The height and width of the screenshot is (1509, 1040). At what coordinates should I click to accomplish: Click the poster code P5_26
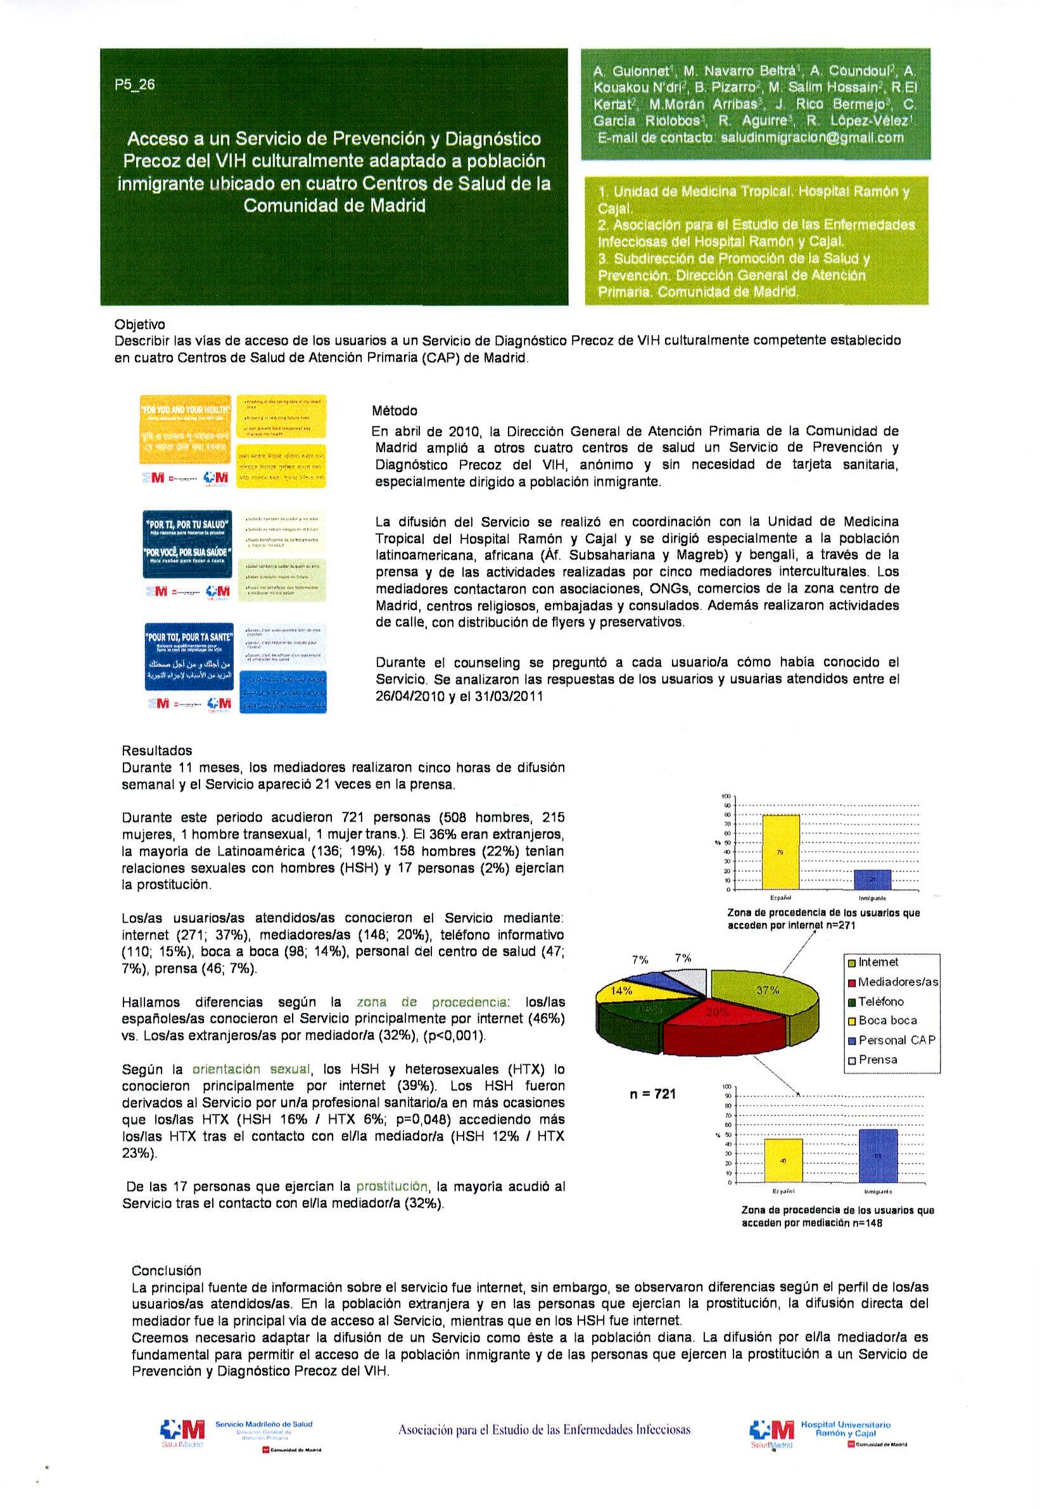pyautogui.click(x=135, y=85)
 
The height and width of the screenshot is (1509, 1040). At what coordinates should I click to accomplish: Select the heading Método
pyautogui.click(x=394, y=411)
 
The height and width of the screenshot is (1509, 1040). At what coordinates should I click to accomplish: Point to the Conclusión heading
pyautogui.click(x=166, y=1271)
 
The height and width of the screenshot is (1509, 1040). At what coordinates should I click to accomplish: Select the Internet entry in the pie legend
pyautogui.click(x=878, y=962)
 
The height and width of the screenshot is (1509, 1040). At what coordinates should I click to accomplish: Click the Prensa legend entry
pyautogui.click(x=877, y=1060)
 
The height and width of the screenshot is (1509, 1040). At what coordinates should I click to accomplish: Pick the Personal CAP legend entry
pyautogui.click(x=896, y=1041)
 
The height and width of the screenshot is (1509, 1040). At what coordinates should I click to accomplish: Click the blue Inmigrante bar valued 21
pyautogui.click(x=872, y=879)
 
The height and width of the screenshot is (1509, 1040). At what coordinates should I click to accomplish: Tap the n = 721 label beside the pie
pyautogui.click(x=652, y=1095)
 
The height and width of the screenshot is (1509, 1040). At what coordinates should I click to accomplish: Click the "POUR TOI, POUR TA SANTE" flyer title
pyautogui.click(x=187, y=636)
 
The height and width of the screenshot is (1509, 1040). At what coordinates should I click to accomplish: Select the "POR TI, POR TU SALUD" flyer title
pyautogui.click(x=187, y=524)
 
